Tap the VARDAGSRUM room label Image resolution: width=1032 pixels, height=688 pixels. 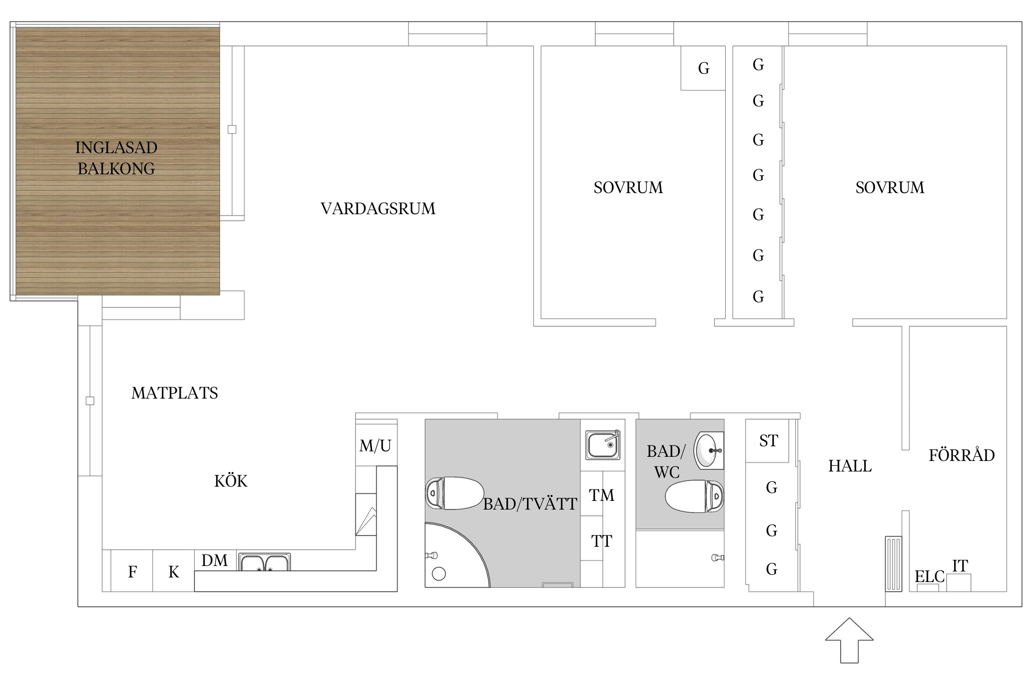click(x=377, y=209)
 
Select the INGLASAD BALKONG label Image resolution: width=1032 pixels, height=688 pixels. click(x=116, y=158)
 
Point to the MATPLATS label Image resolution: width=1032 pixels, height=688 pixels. click(x=174, y=393)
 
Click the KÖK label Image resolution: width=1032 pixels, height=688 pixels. click(x=231, y=481)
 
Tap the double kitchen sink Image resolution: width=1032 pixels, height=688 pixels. click(x=264, y=562)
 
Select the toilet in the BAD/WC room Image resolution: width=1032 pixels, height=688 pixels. click(x=694, y=496)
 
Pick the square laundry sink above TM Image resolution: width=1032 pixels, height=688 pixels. click(x=603, y=445)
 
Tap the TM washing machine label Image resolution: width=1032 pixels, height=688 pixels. click(x=601, y=495)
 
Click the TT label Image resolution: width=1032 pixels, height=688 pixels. click(x=601, y=541)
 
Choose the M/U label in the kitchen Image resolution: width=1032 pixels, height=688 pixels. click(x=375, y=446)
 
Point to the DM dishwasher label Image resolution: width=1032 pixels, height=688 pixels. click(x=214, y=560)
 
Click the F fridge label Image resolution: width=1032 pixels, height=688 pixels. click(x=132, y=572)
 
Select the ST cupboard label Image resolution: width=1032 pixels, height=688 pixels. click(x=769, y=441)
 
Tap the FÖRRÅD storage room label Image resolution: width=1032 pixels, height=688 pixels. click(x=961, y=455)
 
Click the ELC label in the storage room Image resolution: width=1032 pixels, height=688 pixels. click(x=929, y=577)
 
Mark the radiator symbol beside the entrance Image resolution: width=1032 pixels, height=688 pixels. click(x=893, y=564)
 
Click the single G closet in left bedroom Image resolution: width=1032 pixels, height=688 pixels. click(x=704, y=68)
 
